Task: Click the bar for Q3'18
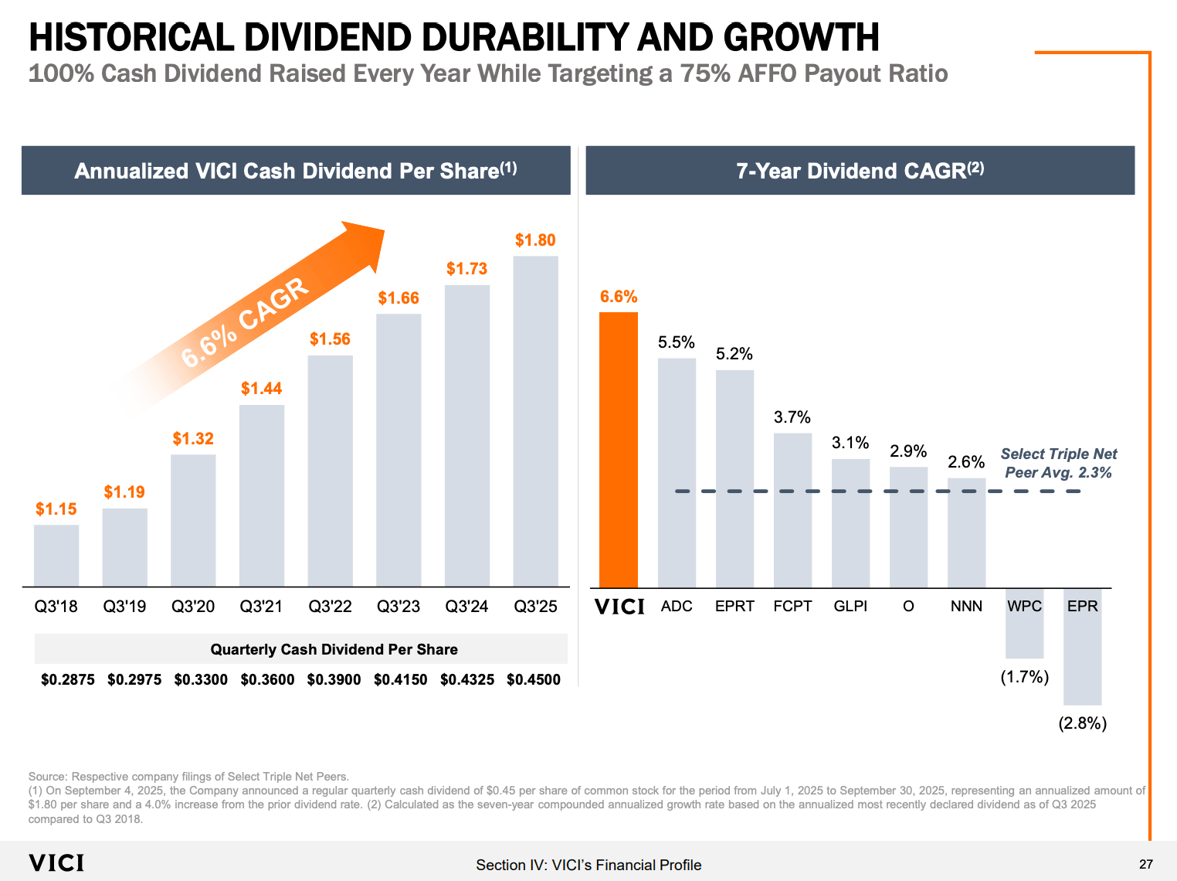[56, 556]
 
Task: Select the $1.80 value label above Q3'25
[535, 240]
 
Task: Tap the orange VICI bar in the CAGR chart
[619, 450]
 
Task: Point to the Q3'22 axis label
[330, 607]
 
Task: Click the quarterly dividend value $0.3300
[201, 679]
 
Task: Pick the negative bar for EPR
[1082, 657]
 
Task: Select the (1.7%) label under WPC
[1024, 677]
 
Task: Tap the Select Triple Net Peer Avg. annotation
[1058, 463]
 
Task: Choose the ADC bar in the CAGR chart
[677, 472]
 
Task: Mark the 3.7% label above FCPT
[792, 417]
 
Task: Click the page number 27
[1146, 864]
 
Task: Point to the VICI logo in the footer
[56, 863]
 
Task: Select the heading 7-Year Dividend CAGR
[860, 171]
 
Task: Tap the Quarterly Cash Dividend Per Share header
[334, 649]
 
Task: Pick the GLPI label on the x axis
[850, 607]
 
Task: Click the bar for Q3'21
[262, 495]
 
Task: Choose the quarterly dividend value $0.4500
[534, 679]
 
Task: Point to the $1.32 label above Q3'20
[193, 439]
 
